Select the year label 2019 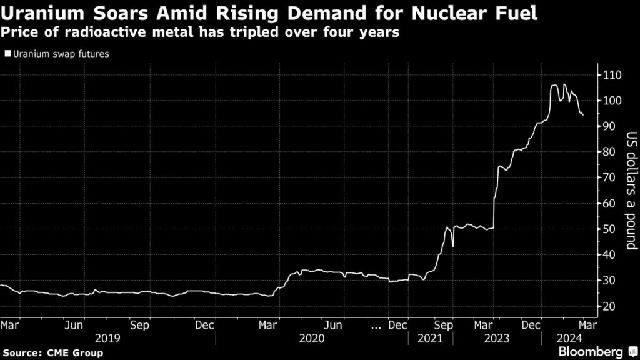pos(107,337)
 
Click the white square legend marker pos(7,54)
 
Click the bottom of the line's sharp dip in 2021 pos(452,246)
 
